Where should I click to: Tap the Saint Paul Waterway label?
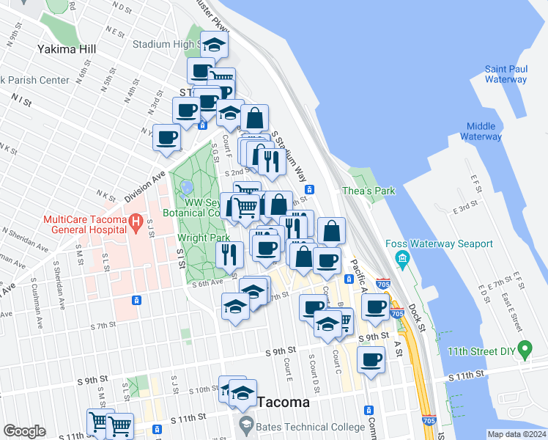coord(506,74)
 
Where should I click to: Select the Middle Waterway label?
coord(481,131)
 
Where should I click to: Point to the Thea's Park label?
coord(369,191)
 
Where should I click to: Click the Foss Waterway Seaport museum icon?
coord(402,258)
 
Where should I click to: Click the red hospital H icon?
coord(135,221)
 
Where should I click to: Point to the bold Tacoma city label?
coord(284,403)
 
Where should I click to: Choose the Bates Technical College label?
coord(311,427)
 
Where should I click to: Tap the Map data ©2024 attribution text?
coord(516,434)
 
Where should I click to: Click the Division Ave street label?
coord(145,187)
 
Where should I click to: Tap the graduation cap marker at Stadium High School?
coord(214,45)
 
